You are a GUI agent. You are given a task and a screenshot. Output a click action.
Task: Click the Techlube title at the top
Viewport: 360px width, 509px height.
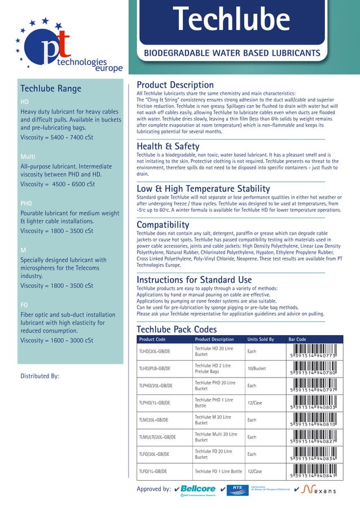(231, 21)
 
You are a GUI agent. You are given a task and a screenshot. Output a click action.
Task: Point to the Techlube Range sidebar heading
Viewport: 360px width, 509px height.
(51, 89)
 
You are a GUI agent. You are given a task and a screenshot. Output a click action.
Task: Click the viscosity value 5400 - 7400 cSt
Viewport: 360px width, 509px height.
(57, 137)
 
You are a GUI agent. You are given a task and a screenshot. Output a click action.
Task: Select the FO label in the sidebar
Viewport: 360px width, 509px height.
(24, 305)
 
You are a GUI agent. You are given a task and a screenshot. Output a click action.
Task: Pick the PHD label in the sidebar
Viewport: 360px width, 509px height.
(26, 203)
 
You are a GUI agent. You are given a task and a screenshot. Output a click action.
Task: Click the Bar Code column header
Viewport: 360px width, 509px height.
(297, 339)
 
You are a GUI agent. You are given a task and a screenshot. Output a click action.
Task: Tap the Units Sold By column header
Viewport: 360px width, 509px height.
(261, 339)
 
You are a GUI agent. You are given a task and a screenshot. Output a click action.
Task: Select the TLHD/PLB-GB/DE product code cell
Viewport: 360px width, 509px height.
(155, 368)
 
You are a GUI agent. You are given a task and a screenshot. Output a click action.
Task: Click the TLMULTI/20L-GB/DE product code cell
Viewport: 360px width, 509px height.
(157, 437)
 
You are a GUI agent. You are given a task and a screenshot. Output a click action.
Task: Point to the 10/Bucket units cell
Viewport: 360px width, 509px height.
(257, 368)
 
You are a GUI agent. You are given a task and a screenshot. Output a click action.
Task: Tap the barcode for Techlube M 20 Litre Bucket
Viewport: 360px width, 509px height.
(313, 420)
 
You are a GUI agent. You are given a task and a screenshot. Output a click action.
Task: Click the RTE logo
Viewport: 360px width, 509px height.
(237, 490)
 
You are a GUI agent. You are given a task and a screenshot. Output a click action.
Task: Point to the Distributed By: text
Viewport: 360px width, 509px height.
(39, 376)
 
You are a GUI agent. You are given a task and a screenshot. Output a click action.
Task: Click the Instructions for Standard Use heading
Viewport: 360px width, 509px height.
(194, 280)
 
